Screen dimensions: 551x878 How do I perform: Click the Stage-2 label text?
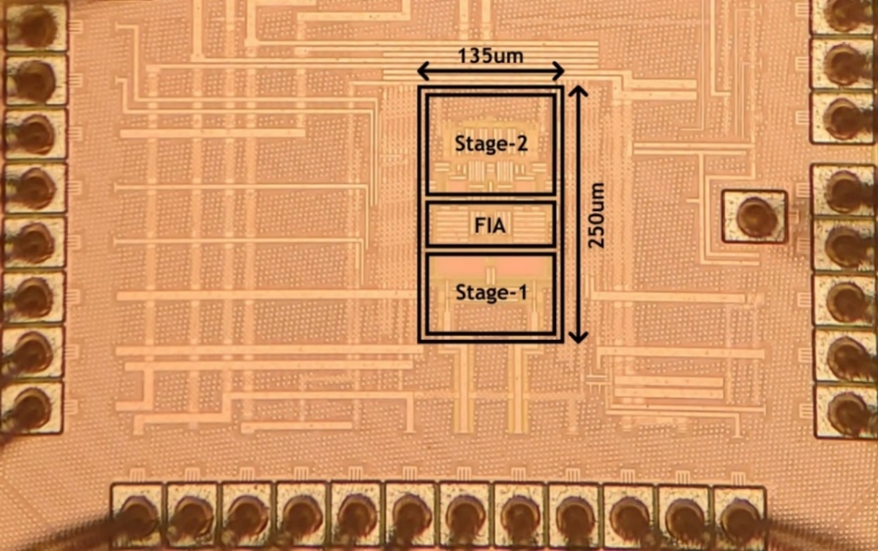click(x=491, y=144)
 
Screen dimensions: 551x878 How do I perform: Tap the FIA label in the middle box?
click(x=491, y=226)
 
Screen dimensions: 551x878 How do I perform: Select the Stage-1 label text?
click(x=491, y=292)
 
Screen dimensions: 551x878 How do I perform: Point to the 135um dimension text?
click(x=491, y=55)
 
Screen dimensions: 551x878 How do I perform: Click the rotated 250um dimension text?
click(x=597, y=214)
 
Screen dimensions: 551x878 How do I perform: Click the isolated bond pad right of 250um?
click(x=754, y=216)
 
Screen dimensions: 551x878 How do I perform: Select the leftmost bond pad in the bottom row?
click(x=138, y=514)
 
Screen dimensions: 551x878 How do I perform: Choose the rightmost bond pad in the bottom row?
click(x=739, y=514)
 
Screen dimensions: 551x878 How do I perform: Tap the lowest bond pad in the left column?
click(x=32, y=408)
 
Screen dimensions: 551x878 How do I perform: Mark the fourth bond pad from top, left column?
click(x=34, y=188)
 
